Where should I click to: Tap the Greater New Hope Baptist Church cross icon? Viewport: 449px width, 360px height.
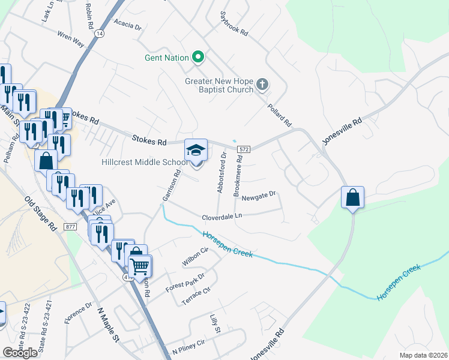[x=262, y=85]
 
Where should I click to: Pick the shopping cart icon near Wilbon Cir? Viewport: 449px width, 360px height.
[x=139, y=266]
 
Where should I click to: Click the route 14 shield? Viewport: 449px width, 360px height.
[x=99, y=34]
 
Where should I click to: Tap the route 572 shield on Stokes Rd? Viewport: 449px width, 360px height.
[x=243, y=149]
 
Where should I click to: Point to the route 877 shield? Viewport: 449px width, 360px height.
[x=71, y=226]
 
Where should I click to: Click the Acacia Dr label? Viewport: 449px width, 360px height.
[x=130, y=27]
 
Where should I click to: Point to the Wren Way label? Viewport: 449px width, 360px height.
[x=71, y=39]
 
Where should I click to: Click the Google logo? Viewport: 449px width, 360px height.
[x=20, y=353]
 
